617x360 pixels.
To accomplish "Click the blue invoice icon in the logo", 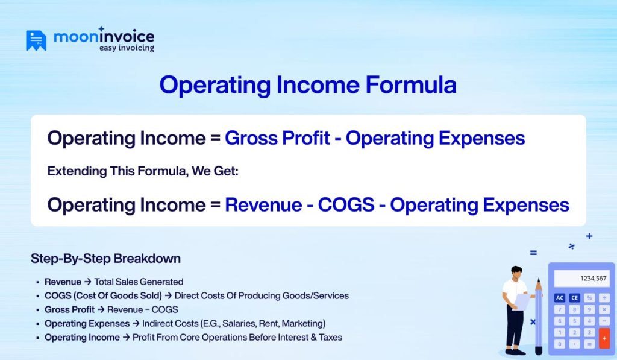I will pyautogui.click(x=36, y=40).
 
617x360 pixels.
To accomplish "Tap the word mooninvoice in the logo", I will pyautogui.click(x=104, y=36).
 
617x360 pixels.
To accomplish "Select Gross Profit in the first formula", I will pyautogui.click(x=277, y=138).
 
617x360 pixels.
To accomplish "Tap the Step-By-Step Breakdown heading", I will pyautogui.click(x=105, y=259).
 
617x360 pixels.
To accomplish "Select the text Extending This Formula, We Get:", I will pyautogui.click(x=143, y=171).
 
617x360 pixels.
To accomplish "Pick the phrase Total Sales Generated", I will pyautogui.click(x=139, y=282).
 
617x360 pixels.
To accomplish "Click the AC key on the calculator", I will pyautogui.click(x=560, y=298).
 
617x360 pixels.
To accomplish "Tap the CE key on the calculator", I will pyautogui.click(x=574, y=298).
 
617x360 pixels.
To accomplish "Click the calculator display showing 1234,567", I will pyautogui.click(x=581, y=279).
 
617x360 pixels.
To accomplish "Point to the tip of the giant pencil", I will pyautogui.click(x=538, y=281).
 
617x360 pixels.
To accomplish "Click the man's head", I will pyautogui.click(x=516, y=273).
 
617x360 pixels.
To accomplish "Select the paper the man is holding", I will pyautogui.click(x=522, y=301).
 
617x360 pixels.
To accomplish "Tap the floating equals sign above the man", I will pyautogui.click(x=533, y=253).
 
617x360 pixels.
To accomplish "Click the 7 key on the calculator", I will pyautogui.click(x=560, y=309).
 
